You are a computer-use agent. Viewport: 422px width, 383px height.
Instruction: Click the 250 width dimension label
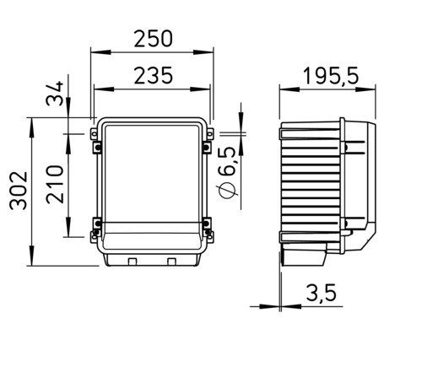[x=153, y=39]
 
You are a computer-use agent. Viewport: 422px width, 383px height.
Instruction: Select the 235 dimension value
[x=153, y=76]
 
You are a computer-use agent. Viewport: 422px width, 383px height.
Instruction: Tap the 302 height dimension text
[x=19, y=191]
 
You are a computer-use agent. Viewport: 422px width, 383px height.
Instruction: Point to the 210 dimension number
[x=55, y=184]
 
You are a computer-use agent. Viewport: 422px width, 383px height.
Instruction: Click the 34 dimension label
[x=55, y=94]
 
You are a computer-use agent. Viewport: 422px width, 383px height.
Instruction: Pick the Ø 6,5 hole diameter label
[x=227, y=173]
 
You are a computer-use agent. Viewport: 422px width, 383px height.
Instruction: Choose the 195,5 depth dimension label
[x=331, y=76]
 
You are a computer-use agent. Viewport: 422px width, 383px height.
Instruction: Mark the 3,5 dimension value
[x=321, y=293]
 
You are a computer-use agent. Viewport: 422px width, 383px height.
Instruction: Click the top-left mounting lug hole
[x=94, y=133]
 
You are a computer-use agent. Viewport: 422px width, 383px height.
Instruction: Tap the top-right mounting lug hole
[x=210, y=133]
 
